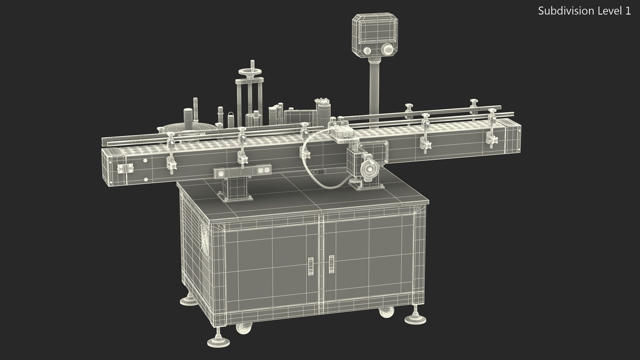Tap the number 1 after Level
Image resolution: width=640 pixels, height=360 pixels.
point(628,11)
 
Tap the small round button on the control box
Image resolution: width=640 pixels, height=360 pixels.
point(367,51)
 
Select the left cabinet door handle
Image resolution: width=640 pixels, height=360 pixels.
point(311,266)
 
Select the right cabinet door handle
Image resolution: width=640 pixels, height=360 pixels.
point(331,264)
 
